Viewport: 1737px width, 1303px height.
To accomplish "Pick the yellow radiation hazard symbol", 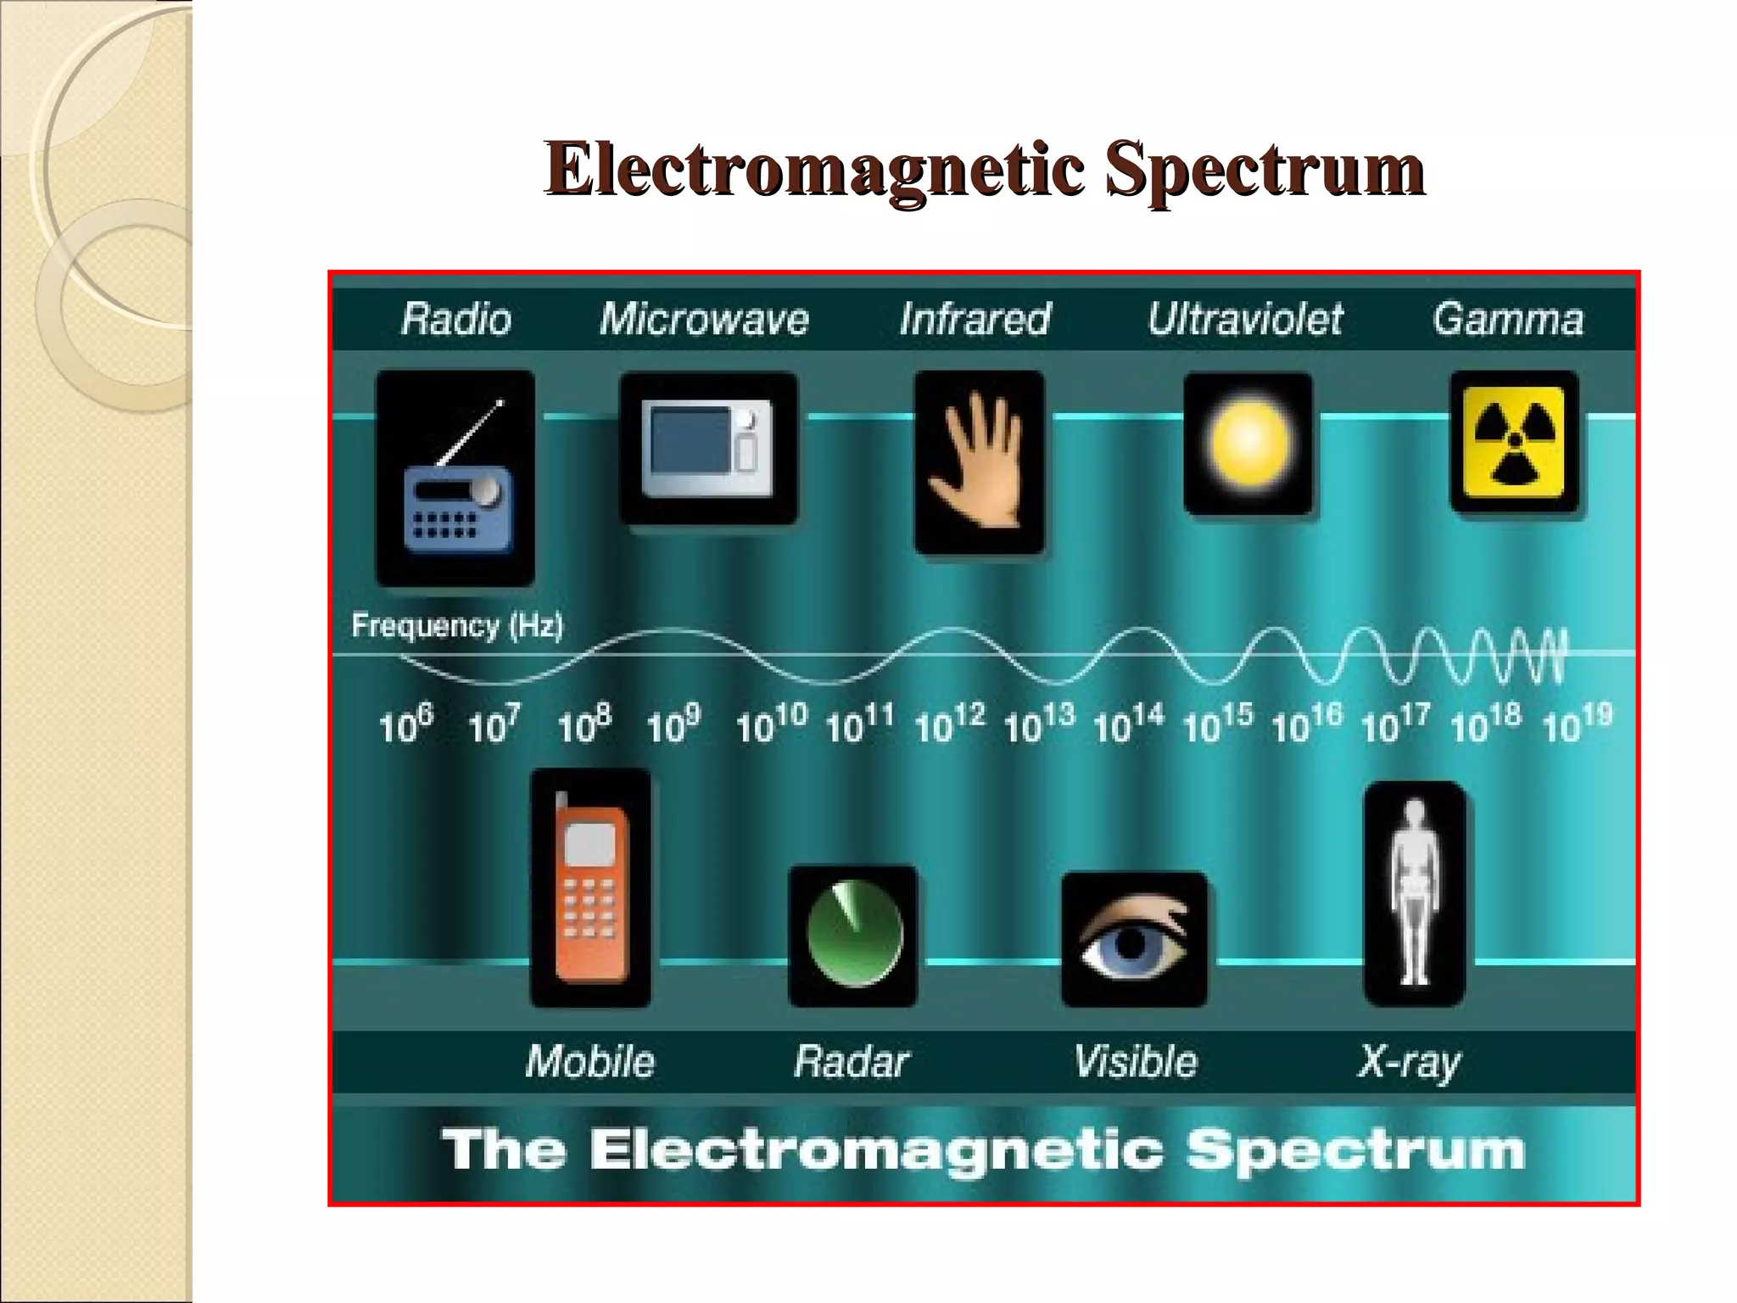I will (x=1514, y=442).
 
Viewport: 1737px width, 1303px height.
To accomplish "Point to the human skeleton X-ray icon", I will (x=1414, y=894).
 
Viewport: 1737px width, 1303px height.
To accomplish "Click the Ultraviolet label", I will (x=1245, y=320).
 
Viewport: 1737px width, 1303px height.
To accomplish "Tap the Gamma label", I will (x=1508, y=320).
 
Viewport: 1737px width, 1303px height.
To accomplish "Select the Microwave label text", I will (x=704, y=320).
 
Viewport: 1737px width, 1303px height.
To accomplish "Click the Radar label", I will (x=851, y=1061).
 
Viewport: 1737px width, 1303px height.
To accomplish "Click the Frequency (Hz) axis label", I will (x=457, y=626).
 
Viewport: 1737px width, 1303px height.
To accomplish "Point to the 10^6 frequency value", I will (x=405, y=724).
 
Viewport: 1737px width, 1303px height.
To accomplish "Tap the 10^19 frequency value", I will (x=1576, y=724).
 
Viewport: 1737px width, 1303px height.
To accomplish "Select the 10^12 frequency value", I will (x=949, y=724).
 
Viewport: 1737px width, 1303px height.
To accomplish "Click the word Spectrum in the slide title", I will (x=1264, y=169).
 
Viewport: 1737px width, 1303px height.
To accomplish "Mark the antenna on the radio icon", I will (x=471, y=433).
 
